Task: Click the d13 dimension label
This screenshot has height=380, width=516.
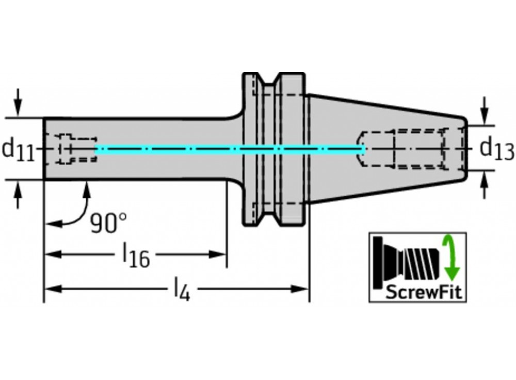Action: point(496,149)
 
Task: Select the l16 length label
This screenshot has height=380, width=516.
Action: point(135,256)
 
